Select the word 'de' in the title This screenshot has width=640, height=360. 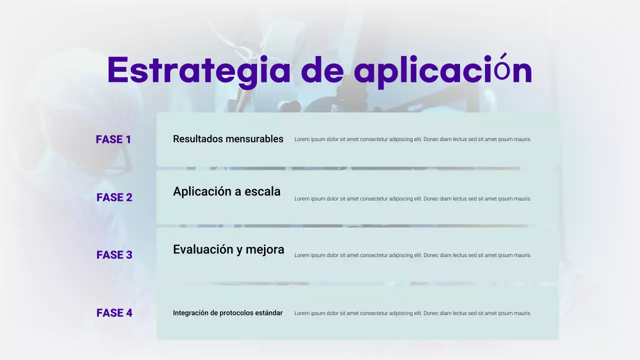[322, 70]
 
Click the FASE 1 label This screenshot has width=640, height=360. [113, 139]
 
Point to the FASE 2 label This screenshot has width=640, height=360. [114, 197]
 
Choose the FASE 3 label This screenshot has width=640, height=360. [114, 255]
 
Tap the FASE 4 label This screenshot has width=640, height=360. [114, 313]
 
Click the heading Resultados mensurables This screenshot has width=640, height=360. [228, 139]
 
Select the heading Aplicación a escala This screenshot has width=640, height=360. [226, 191]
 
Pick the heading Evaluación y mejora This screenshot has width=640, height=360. [228, 249]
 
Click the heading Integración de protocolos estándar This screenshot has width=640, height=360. [227, 313]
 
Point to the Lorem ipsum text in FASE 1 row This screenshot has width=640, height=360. [412, 139]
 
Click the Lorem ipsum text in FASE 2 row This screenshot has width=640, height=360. [412, 198]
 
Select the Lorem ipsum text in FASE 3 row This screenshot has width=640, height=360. [412, 255]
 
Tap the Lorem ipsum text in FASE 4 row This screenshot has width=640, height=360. [412, 313]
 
